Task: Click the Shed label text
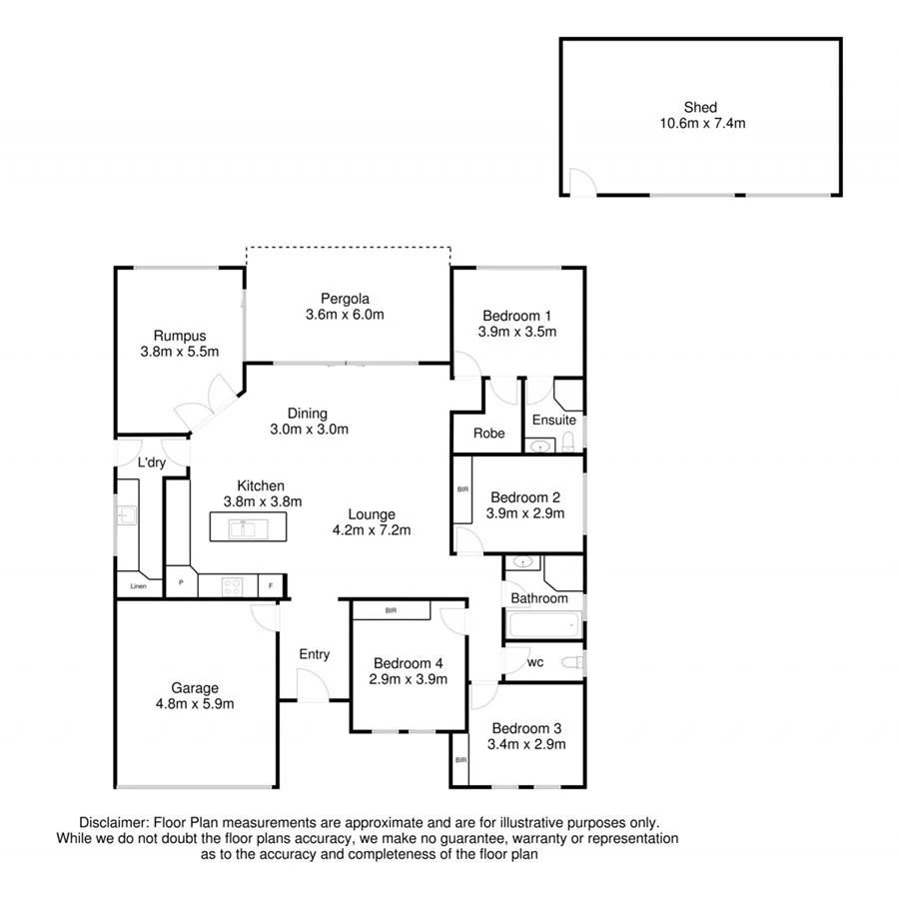pos(700,108)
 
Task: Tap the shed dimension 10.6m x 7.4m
pos(700,124)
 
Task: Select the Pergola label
pos(346,298)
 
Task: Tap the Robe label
pos(488,435)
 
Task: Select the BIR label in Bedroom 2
pos(461,489)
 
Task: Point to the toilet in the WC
pos(570,662)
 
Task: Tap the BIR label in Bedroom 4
pos(389,609)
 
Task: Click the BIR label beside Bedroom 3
pos(459,760)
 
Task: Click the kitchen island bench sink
pos(241,526)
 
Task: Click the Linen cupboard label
pos(137,585)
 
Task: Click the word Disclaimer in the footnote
pos(113,821)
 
